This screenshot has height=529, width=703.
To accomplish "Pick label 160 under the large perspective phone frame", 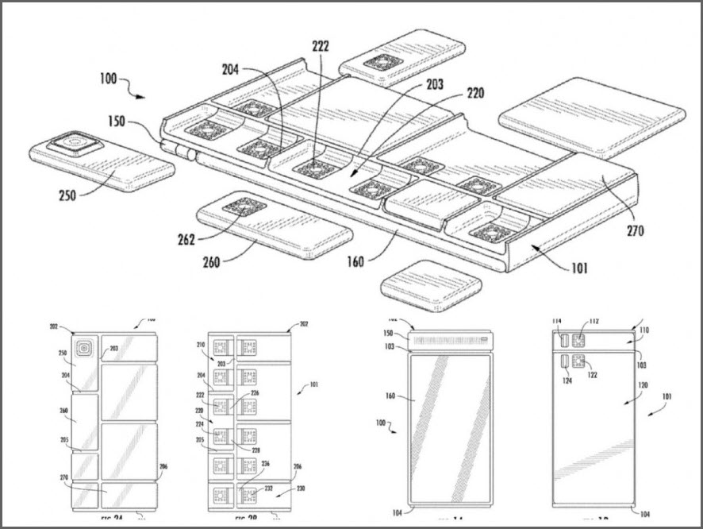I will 355,260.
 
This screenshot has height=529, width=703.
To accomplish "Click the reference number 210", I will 201,346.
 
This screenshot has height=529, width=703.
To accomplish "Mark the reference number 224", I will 201,423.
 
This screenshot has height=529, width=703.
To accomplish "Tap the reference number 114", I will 557,322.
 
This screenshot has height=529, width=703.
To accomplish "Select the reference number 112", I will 594,322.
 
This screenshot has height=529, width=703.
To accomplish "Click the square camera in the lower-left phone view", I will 83,348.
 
